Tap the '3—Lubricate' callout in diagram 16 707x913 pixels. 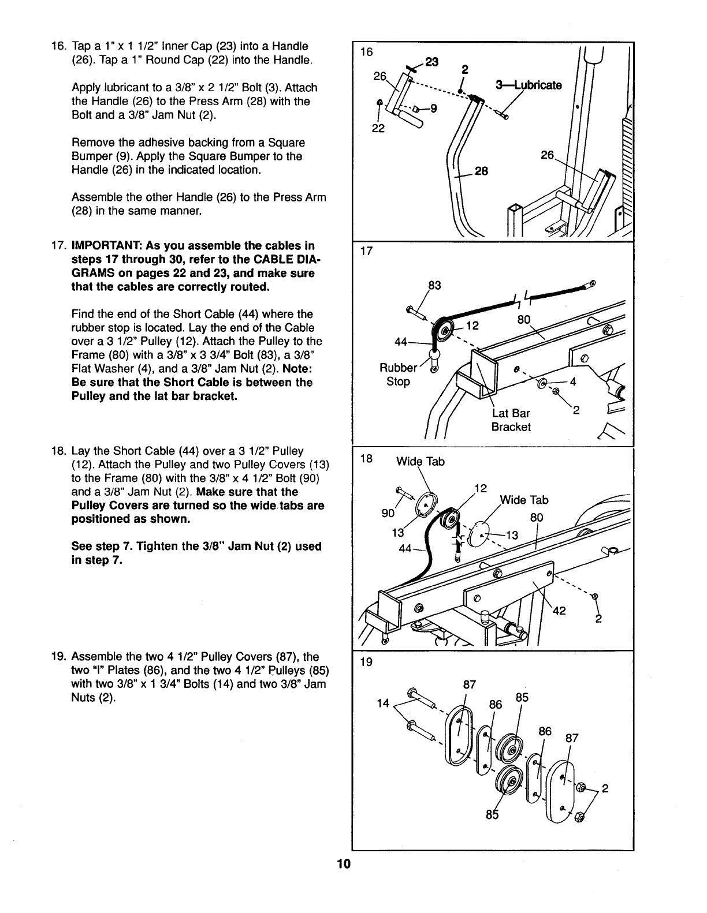(529, 85)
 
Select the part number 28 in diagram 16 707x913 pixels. (481, 171)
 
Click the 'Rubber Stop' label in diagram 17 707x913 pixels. (397, 375)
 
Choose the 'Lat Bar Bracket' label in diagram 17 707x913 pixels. (511, 420)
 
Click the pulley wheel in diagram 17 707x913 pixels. (446, 332)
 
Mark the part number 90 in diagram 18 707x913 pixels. (388, 513)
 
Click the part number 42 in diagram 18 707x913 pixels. (559, 612)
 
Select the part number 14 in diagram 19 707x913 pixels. (382, 704)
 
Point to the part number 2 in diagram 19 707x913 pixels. (605, 789)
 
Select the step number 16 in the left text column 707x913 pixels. (57, 46)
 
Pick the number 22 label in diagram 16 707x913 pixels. (378, 129)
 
